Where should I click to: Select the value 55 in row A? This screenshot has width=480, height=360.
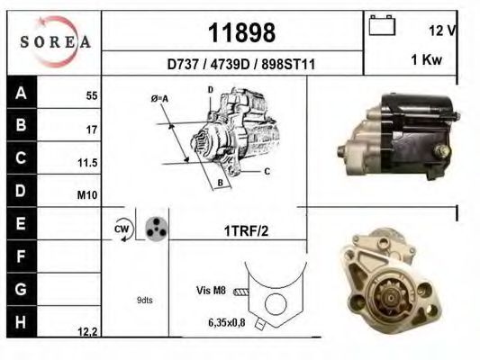[91, 95]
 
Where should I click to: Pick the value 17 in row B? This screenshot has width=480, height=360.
[91, 130]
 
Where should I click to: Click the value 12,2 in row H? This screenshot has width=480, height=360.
[87, 332]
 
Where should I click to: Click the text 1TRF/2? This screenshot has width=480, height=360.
[245, 230]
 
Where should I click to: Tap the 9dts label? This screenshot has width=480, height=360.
[145, 300]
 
